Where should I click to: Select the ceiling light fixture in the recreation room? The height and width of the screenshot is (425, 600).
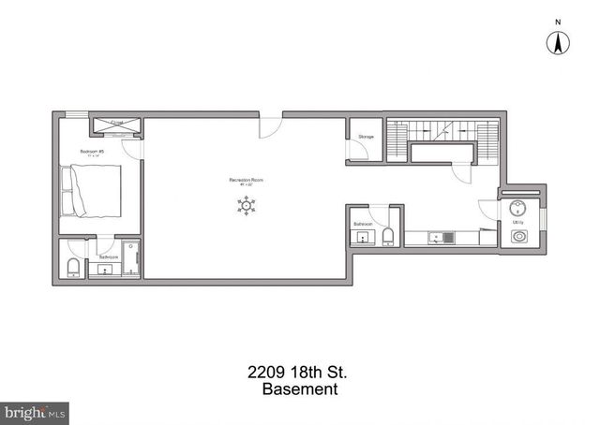247,206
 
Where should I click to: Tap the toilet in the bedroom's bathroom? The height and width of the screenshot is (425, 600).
73,268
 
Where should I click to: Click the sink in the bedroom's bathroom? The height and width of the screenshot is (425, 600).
104,271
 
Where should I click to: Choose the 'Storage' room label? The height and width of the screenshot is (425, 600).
366,138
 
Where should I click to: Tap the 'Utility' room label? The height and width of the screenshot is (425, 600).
518,223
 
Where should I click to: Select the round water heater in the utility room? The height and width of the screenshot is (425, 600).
518,207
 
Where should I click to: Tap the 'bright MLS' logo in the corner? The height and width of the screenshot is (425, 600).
36,412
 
